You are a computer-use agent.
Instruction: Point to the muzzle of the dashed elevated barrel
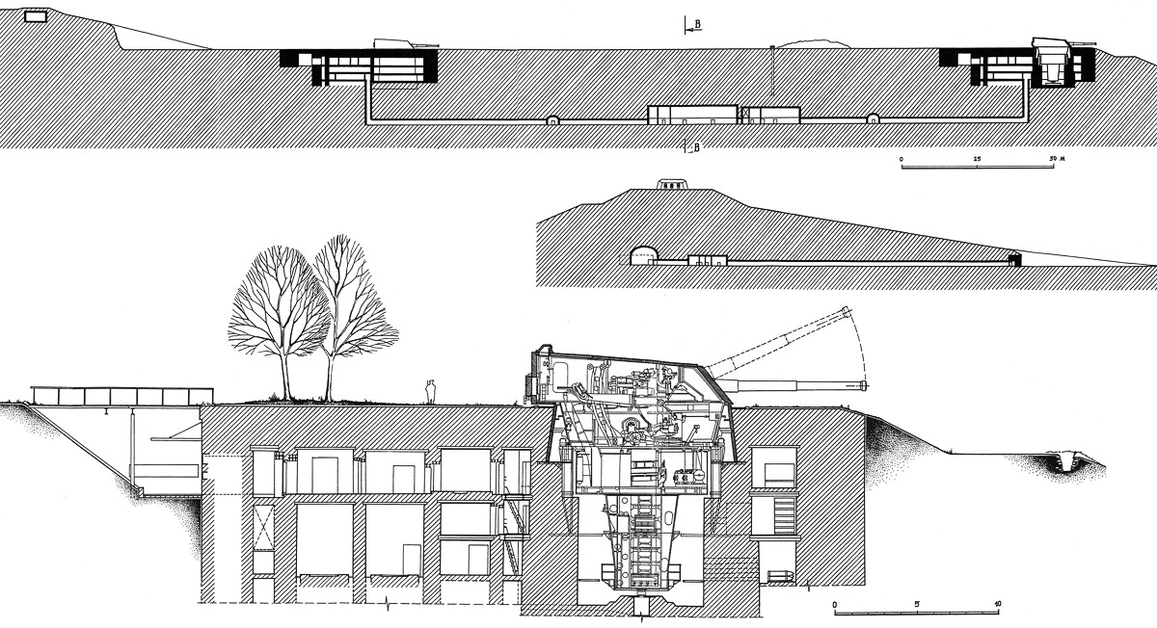848,310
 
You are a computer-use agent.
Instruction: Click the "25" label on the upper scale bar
978,158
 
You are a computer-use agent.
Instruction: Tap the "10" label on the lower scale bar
997,604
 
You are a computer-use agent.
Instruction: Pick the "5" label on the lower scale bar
917,604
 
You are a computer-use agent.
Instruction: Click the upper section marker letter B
699,20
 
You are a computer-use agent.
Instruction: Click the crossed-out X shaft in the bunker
261,526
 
